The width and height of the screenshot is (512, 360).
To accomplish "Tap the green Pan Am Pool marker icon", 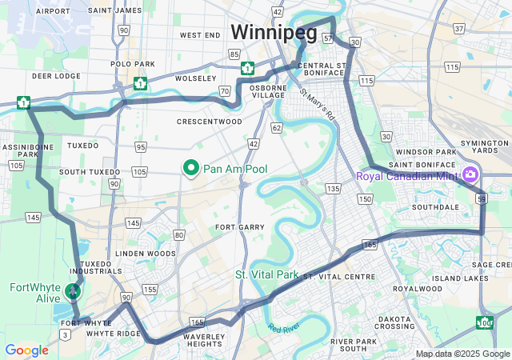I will [191, 168].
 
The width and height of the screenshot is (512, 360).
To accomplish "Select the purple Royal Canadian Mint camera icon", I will [470, 174].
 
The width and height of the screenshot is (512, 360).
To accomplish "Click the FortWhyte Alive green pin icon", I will [73, 291].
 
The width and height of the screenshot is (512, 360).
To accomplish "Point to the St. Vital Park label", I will [267, 274].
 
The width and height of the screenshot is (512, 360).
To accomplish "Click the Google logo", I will [26, 350].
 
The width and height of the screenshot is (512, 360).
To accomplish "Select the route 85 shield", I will [234, 54].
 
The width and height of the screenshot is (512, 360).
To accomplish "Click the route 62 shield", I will [276, 127].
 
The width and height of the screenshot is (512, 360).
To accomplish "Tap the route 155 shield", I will [150, 289].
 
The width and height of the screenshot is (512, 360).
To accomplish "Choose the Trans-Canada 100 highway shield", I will [485, 323].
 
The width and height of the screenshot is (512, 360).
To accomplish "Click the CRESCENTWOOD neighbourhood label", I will [209, 122].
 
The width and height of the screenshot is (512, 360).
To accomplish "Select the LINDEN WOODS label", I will [145, 254].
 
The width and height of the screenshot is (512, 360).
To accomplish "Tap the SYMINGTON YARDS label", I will [490, 146].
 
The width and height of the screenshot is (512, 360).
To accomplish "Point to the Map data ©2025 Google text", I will [462, 354].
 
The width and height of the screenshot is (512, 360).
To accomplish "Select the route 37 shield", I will [458, 29].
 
